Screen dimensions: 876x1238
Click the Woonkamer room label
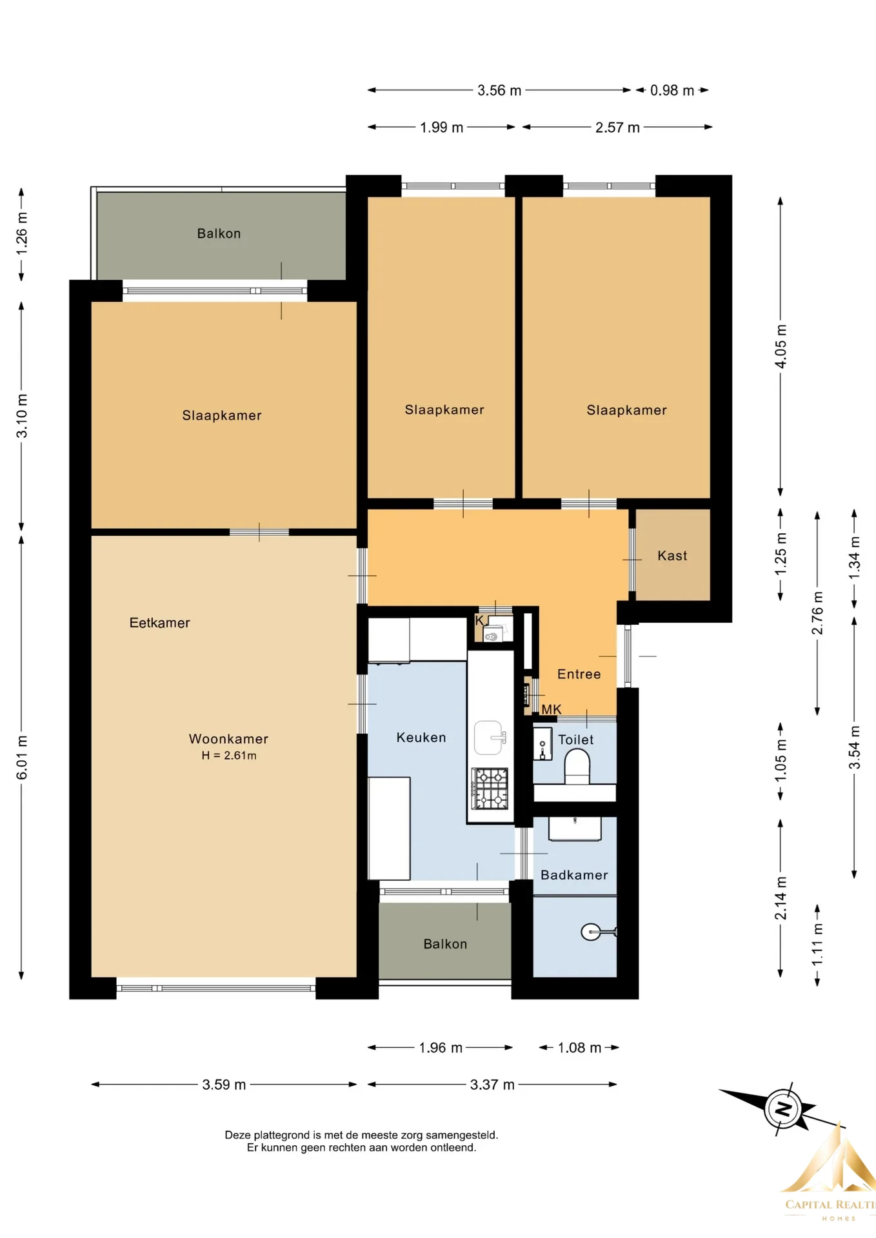click(x=228, y=739)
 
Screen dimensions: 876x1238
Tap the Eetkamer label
click(x=160, y=623)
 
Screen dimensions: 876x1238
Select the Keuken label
click(x=421, y=738)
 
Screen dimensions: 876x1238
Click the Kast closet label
click(x=672, y=556)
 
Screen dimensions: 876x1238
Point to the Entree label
click(x=579, y=674)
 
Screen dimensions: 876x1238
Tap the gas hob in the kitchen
click(x=490, y=788)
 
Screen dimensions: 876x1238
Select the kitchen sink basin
click(x=489, y=738)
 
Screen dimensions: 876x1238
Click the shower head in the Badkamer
click(x=591, y=932)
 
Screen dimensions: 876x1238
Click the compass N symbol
click(x=783, y=1109)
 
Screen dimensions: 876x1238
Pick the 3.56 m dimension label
click(x=499, y=90)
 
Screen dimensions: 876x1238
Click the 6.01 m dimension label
click(x=22, y=757)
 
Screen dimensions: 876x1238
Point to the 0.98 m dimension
click(x=672, y=90)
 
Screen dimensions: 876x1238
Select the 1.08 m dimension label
click(x=579, y=1048)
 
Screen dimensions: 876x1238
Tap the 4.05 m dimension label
click(x=781, y=346)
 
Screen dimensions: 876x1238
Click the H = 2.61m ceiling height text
click(x=229, y=756)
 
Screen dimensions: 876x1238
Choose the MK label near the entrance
click(x=552, y=709)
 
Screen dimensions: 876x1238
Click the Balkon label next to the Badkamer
click(x=445, y=944)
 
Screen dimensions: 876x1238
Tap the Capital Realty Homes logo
click(x=828, y=1174)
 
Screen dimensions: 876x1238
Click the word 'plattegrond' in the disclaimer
click(x=281, y=1135)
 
